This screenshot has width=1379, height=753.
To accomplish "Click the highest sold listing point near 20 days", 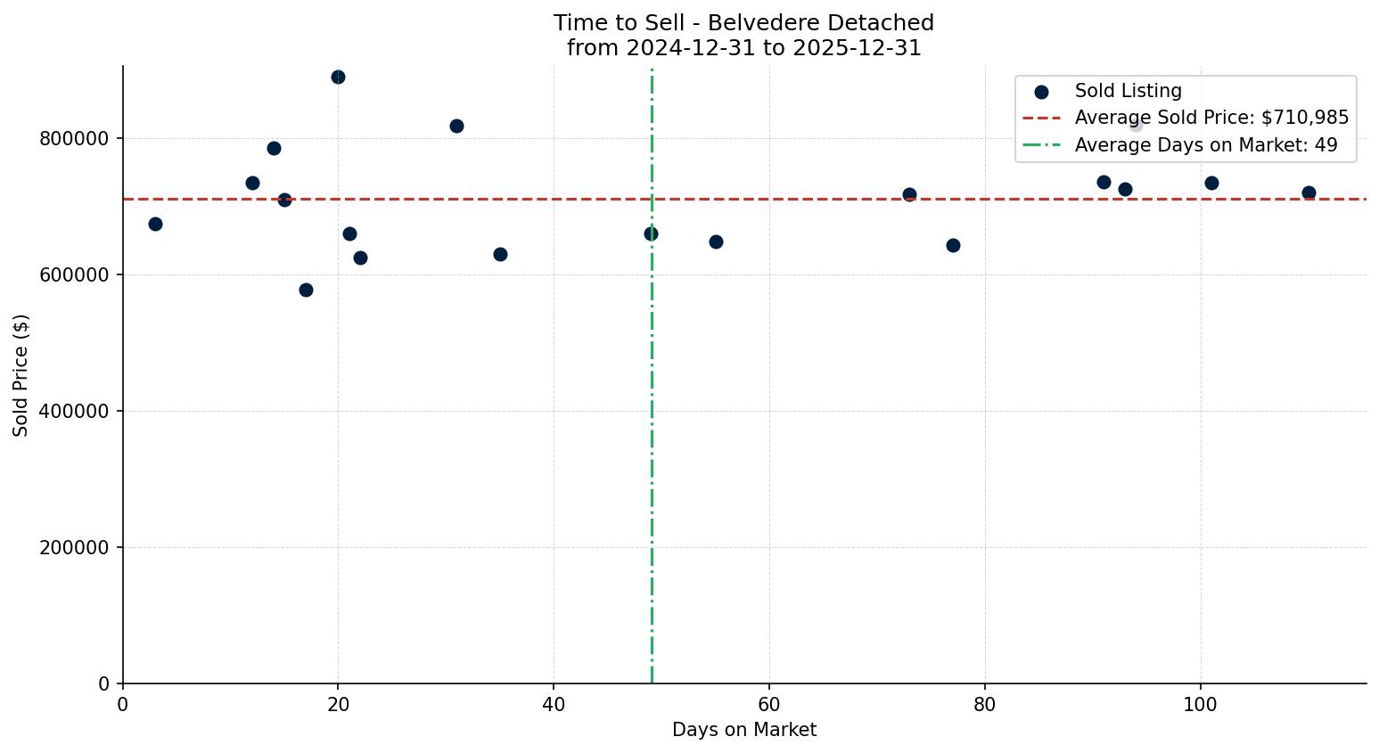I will click(x=338, y=78).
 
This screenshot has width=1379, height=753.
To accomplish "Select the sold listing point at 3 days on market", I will click(x=155, y=224).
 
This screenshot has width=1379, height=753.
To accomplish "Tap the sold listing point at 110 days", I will click(x=1309, y=192).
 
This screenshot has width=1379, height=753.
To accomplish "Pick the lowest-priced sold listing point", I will click(x=306, y=290).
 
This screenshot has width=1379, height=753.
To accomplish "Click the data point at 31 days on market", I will click(x=456, y=126).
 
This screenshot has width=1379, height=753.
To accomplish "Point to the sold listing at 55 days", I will click(x=716, y=241).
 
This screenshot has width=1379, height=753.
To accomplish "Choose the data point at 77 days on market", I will click(x=953, y=245).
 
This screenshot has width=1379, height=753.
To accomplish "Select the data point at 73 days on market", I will click(x=909, y=194).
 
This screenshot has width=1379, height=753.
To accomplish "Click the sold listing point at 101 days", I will click(x=1211, y=183).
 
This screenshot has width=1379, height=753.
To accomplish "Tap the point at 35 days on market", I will click(x=500, y=254).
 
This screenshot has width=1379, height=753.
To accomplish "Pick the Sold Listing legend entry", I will click(x=1128, y=91).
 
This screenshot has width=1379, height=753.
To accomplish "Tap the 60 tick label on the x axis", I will click(x=769, y=704).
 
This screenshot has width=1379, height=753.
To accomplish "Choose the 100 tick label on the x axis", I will click(x=1200, y=704).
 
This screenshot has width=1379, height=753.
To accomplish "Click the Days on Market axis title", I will click(x=744, y=731).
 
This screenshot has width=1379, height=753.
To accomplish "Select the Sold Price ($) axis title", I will click(x=21, y=375).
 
